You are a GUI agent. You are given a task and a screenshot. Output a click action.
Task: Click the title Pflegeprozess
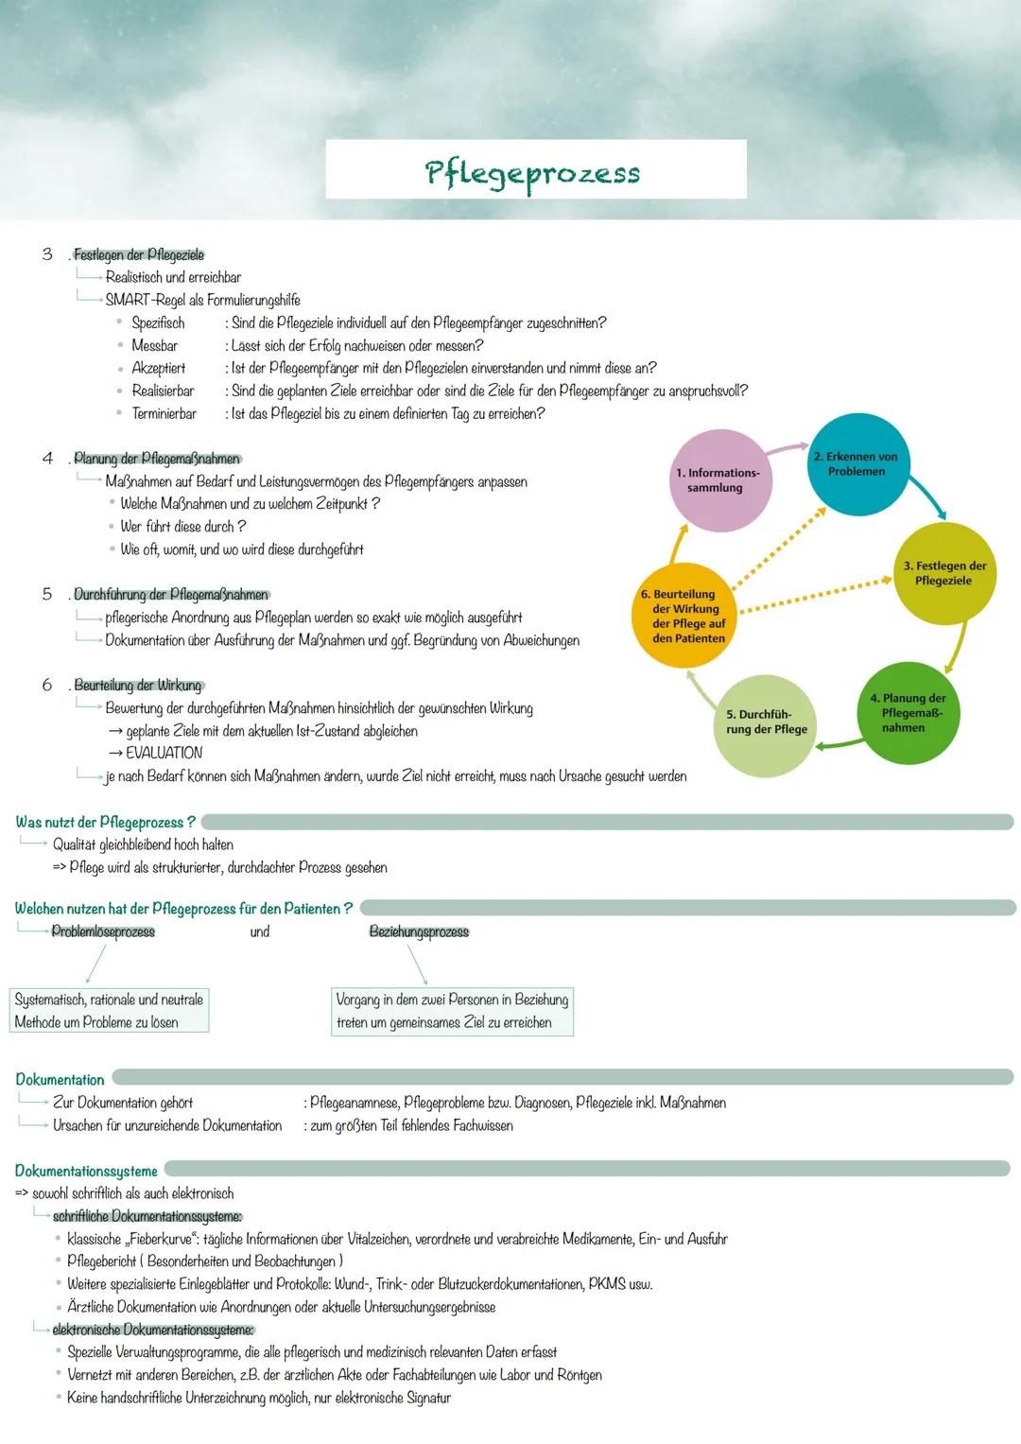coord(533,173)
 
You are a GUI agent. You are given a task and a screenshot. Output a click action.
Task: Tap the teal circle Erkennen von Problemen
coord(856,463)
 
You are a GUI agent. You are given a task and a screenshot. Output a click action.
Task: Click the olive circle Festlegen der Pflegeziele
coord(945,573)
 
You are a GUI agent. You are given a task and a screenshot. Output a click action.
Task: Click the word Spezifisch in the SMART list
coord(158,323)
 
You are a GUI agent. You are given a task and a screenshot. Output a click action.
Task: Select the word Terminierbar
coord(164,414)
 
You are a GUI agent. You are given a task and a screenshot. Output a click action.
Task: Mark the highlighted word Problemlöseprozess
coord(103,932)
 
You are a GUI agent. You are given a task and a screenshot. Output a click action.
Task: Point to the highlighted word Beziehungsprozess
coord(419,932)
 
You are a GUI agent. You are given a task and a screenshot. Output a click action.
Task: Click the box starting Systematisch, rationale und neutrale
coord(109,1011)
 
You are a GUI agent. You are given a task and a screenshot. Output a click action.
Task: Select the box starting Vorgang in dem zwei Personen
coord(452,1011)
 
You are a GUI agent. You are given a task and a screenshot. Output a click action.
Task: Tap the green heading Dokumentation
coord(60,1080)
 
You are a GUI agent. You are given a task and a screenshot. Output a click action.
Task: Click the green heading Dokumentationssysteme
coord(86,1172)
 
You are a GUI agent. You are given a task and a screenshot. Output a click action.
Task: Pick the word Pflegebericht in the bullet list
coord(102,1262)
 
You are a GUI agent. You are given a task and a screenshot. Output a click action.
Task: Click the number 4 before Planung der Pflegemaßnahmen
coord(47,459)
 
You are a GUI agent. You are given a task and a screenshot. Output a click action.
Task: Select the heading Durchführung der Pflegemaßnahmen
coord(171,596)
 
